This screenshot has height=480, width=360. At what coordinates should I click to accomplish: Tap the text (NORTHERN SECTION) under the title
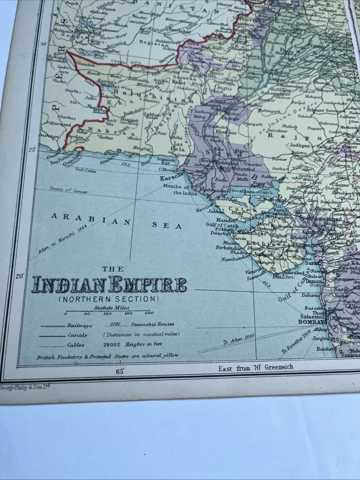[108, 299]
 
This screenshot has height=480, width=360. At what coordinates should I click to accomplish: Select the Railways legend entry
[79, 325]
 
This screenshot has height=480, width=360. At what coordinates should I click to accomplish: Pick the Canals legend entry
[77, 335]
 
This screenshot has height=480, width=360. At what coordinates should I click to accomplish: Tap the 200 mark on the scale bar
[148, 313]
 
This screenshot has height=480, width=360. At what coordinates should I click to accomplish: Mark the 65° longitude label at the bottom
[120, 371]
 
